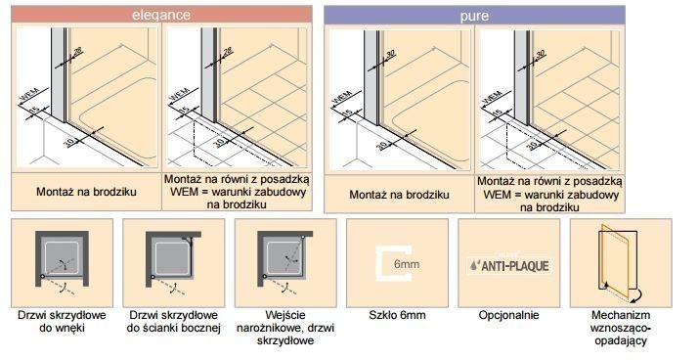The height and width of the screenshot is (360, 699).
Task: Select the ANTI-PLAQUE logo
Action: [509, 265]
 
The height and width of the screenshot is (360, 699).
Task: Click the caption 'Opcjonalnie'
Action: [509, 318]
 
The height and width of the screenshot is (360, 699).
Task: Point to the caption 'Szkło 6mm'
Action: [398, 318]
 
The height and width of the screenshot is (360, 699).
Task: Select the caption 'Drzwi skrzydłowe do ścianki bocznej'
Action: [175, 325]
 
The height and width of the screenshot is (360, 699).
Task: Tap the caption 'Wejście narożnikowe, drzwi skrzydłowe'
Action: [286, 331]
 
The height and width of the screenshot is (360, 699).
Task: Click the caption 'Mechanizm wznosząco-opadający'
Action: [621, 331]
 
